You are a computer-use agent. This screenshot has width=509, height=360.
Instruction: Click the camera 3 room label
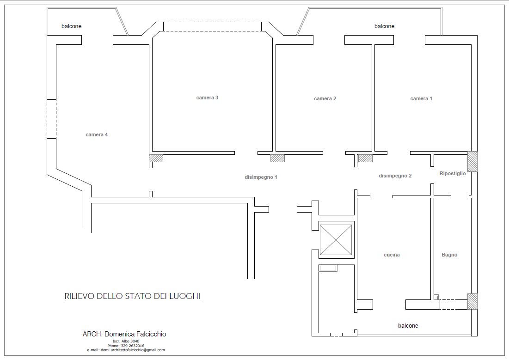pyautogui.click(x=207, y=98)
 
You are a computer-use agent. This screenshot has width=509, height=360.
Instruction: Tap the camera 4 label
pyautogui.click(x=97, y=134)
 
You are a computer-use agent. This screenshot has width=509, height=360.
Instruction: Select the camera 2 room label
pyautogui.click(x=325, y=98)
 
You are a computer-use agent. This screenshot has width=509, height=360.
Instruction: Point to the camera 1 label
pyautogui.click(x=421, y=98)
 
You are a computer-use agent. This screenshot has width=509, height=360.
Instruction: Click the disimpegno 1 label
pyautogui.click(x=261, y=177)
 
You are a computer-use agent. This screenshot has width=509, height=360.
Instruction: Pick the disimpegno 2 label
pyautogui.click(x=395, y=176)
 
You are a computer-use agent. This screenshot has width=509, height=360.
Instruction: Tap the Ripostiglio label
pyautogui.click(x=453, y=173)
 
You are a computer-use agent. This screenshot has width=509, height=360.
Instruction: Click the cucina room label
pyautogui.click(x=392, y=255)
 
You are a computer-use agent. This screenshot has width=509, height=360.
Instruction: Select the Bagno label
pyautogui.click(x=449, y=255)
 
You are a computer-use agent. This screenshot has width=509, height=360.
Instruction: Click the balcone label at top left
pyautogui.click(x=71, y=26)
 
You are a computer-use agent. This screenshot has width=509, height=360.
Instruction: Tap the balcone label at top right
pyautogui.click(x=384, y=26)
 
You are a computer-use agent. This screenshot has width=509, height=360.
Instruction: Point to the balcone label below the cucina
pyautogui.click(x=408, y=326)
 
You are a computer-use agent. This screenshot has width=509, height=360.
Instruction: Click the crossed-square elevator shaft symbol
pyautogui.click(x=336, y=240)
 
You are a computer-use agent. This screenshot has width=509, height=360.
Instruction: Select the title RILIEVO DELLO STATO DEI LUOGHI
pyautogui.click(x=132, y=296)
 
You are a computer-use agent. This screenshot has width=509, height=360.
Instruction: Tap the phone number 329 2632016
pyautogui.click(x=133, y=346)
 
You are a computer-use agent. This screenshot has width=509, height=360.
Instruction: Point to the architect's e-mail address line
pyautogui.click(x=126, y=350)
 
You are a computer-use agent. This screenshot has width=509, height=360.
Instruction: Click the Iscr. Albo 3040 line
pyautogui.click(x=126, y=341)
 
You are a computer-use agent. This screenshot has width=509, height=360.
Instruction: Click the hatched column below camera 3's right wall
pyautogui.click(x=277, y=158)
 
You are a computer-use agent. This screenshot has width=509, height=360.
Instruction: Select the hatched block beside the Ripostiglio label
pyautogui.click(x=472, y=161)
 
